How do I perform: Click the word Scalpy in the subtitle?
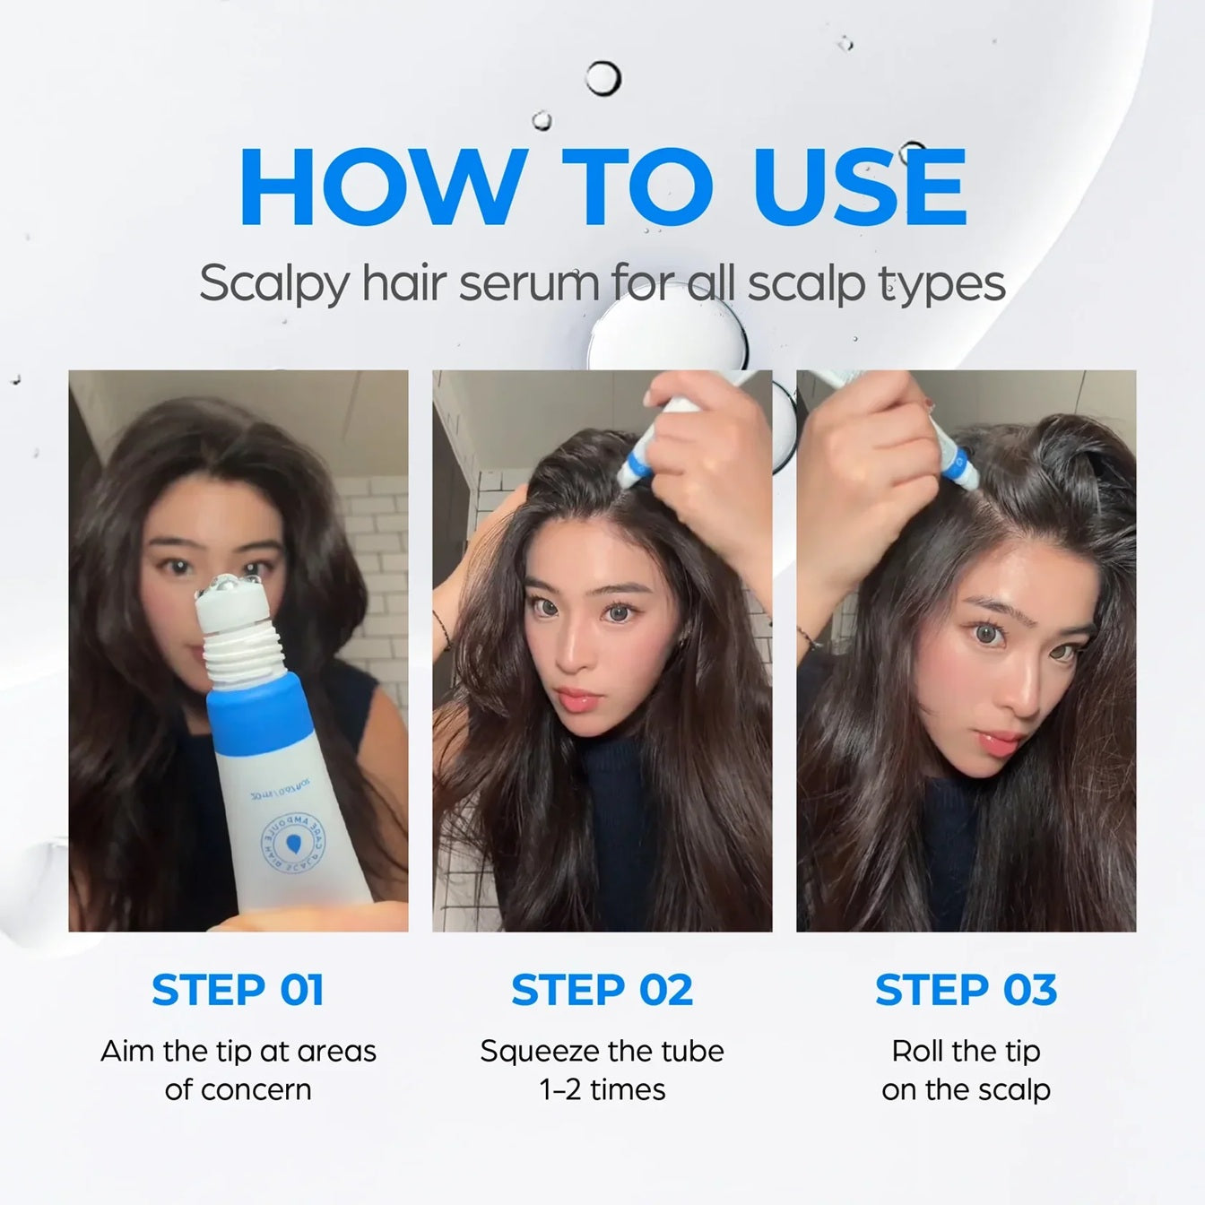tap(273, 283)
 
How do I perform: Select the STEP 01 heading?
tap(238, 990)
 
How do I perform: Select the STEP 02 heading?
tap(602, 990)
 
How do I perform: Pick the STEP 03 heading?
tap(966, 990)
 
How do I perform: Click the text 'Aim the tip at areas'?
tap(238, 1050)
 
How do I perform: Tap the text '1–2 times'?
tap(602, 1089)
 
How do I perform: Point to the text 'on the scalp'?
tap(966, 1089)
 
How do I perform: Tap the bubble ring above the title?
tap(602, 79)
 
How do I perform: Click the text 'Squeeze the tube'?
tap(602, 1050)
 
